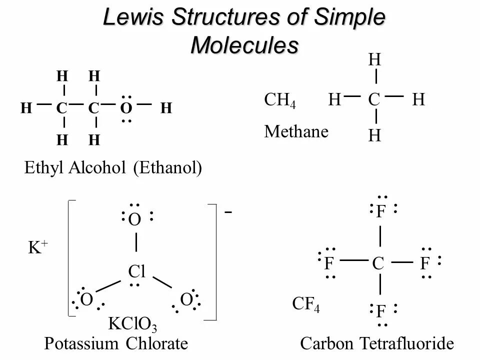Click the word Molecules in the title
coord(244,45)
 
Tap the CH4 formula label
coord(279,100)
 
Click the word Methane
coord(296,132)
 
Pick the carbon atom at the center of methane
coord(374,100)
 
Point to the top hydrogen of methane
coord(374,60)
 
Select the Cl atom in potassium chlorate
coord(136,271)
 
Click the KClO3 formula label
coord(132,325)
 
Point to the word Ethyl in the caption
coord(40,168)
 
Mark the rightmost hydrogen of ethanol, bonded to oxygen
coord(166,107)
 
